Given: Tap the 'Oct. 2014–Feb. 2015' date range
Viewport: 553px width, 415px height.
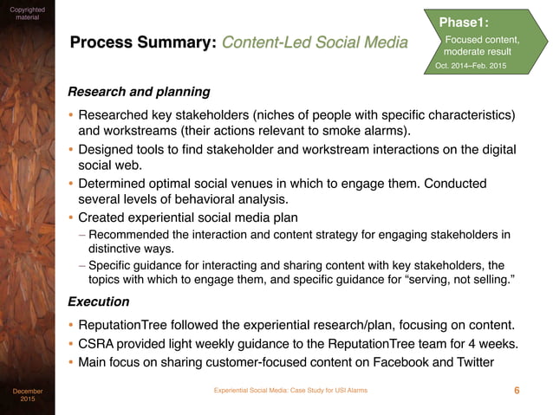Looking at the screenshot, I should point(472,67).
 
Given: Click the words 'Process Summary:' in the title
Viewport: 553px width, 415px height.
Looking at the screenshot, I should point(142,42).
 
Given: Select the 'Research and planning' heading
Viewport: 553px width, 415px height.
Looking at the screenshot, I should point(139,91).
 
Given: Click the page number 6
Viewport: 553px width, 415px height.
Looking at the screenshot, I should point(517,391).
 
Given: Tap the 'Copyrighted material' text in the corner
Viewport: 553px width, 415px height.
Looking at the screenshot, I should point(27,12).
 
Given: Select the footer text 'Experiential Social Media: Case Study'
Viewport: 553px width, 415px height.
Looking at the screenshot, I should point(290,391).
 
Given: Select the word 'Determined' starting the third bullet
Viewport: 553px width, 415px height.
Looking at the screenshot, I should point(114,183).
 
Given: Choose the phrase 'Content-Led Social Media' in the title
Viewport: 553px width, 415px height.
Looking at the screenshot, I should point(314,42).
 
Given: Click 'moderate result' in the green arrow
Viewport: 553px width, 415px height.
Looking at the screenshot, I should point(477,52).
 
